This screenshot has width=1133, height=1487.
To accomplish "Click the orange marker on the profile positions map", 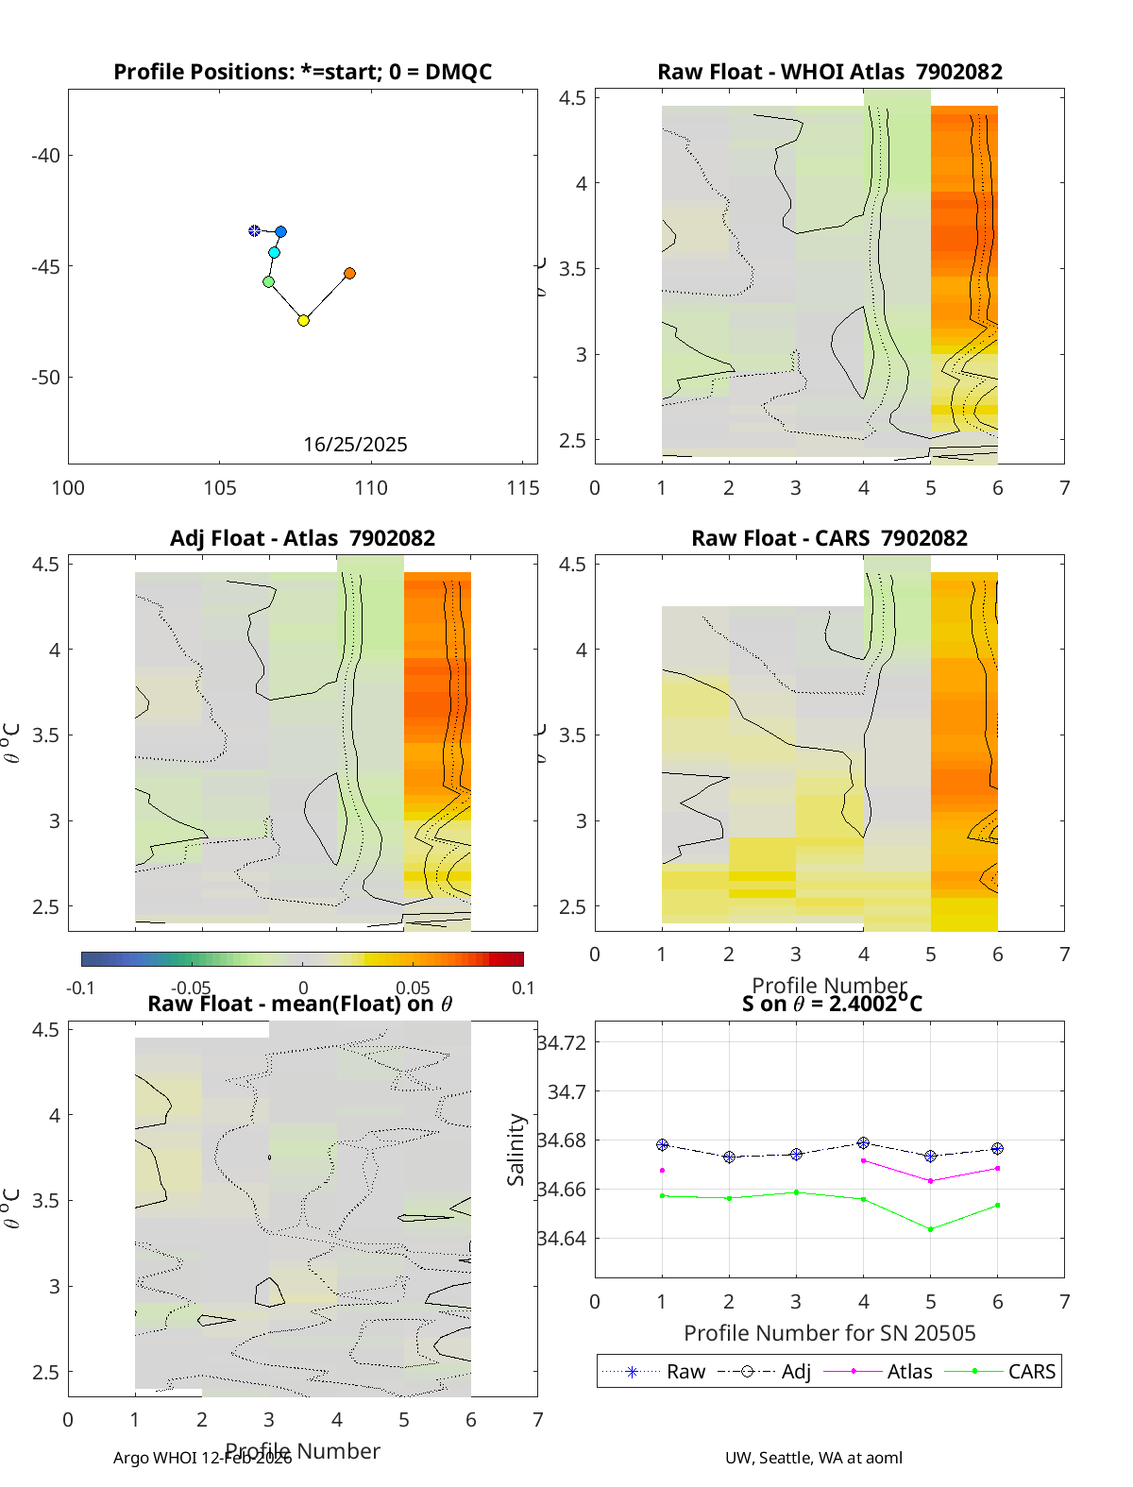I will pyautogui.click(x=349, y=274).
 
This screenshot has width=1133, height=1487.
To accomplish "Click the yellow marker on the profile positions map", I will pyautogui.click(x=303, y=321).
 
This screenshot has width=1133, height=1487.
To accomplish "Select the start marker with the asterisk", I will pyautogui.click(x=254, y=230).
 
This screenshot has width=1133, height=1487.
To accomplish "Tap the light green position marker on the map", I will pyautogui.click(x=268, y=281).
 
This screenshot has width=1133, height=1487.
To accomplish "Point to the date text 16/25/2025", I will pyautogui.click(x=355, y=445).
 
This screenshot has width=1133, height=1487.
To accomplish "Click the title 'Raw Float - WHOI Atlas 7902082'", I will pyautogui.click(x=829, y=72).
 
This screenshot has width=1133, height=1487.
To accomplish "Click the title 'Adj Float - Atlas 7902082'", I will pyautogui.click(x=302, y=538).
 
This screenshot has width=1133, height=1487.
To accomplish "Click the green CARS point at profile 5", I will pyautogui.click(x=931, y=1229).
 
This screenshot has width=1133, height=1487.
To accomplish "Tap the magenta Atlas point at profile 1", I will pyautogui.click(x=662, y=1171).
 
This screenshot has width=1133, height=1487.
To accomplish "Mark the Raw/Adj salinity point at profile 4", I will pyautogui.click(x=863, y=1143).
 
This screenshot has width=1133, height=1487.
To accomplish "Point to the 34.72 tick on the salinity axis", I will pyautogui.click(x=562, y=1042).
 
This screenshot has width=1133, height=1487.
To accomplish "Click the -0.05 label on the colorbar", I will pyautogui.click(x=191, y=988).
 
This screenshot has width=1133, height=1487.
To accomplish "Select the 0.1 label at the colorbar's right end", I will pyautogui.click(x=523, y=988).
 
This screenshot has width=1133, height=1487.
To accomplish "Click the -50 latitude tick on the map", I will pyautogui.click(x=45, y=378).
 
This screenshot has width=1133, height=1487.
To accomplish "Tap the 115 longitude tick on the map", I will pyautogui.click(x=523, y=487).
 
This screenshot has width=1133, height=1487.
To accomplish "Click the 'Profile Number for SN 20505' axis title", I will pyautogui.click(x=829, y=1332).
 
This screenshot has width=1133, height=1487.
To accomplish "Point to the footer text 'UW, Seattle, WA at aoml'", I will pyautogui.click(x=813, y=1458).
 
